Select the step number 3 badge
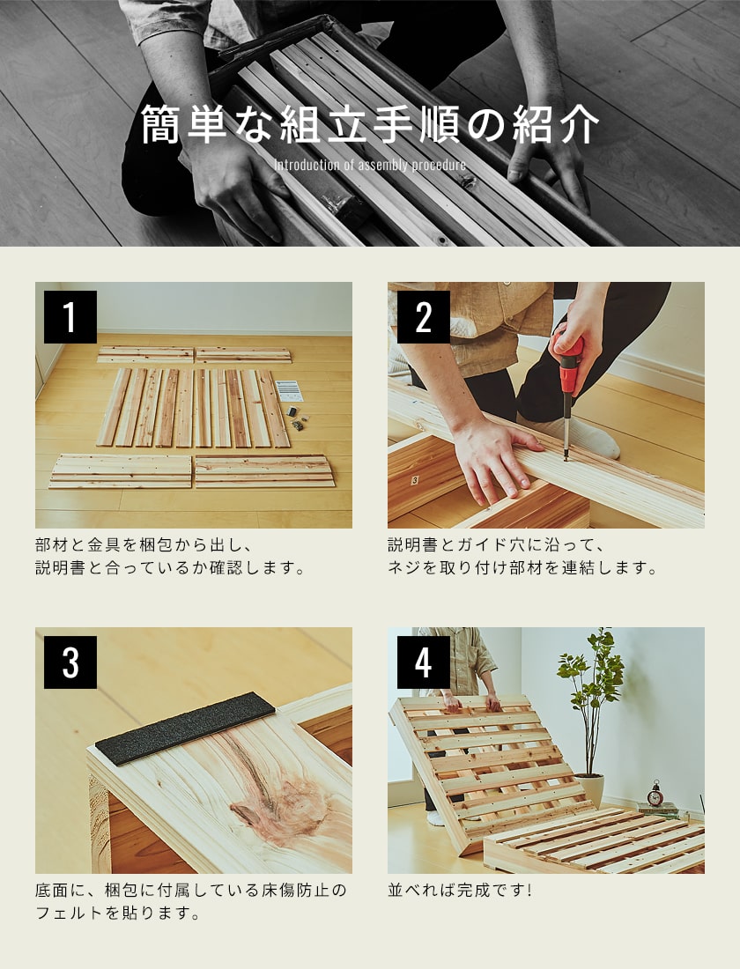click(70, 662)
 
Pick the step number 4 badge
click(423, 662)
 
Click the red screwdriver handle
click(569, 358)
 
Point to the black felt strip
click(185, 728)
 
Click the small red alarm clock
click(655, 795)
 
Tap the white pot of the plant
click(589, 789)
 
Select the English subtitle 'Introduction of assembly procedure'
click(370, 166)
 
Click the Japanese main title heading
click(370, 126)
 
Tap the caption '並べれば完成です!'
click(460, 890)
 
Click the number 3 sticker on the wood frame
click(414, 482)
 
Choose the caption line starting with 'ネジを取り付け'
click(522, 568)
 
